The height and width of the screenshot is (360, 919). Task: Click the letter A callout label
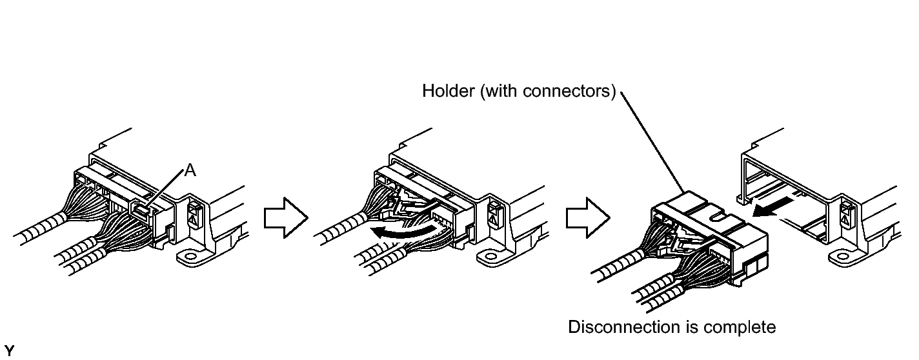[190, 170]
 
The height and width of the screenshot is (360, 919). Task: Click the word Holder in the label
[443, 91]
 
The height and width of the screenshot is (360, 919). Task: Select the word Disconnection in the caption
[623, 327]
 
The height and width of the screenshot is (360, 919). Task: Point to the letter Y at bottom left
[8, 352]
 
